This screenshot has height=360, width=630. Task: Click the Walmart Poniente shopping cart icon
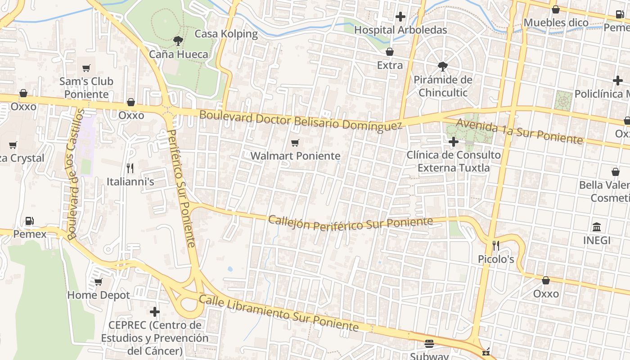coord(295,143)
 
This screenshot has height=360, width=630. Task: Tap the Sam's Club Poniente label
coord(86,88)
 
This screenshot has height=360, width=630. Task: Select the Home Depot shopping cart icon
coord(98,282)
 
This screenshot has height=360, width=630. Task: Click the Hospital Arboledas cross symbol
coord(400,17)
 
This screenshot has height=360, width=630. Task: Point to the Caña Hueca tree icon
coord(178,41)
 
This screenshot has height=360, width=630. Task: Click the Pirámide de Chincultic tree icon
coord(443,67)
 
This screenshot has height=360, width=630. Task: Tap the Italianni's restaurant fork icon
coord(130,168)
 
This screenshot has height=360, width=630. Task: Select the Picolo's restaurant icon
coord(496,246)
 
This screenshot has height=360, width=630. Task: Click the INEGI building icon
coord(597,227)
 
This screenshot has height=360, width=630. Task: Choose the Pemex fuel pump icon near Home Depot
coord(30,221)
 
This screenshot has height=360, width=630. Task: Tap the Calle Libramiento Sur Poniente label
coord(279,313)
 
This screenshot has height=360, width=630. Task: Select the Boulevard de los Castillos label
coord(75,173)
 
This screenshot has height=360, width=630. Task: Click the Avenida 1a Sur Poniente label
coord(519,131)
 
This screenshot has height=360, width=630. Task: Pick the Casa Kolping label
coord(226,34)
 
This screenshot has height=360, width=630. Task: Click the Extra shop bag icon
coord(390,52)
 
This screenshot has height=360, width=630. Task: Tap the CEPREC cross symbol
coord(155,311)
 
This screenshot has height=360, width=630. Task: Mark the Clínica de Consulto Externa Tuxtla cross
coord(454,142)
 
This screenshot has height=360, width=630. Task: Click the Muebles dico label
coord(556,22)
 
